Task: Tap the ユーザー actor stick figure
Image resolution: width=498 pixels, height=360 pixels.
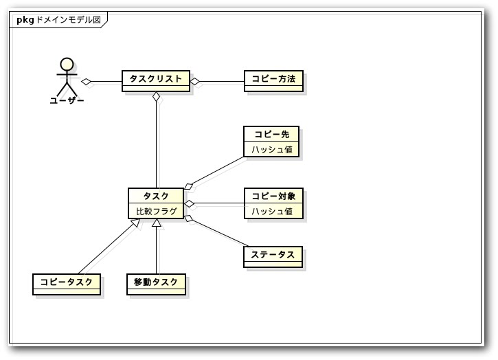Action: (67, 77)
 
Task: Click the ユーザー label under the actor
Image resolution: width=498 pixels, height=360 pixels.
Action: (67, 100)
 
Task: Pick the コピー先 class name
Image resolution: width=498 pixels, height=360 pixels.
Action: (271, 134)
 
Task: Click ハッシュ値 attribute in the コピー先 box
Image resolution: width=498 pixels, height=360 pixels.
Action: (271, 149)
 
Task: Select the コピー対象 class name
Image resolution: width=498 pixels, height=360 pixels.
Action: (273, 196)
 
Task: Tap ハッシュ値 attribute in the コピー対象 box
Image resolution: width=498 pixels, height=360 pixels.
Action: (271, 211)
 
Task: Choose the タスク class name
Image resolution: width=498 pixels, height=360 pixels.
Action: (156, 196)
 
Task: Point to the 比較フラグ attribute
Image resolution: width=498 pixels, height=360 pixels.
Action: (156, 211)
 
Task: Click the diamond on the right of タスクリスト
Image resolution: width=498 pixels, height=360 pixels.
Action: (195, 82)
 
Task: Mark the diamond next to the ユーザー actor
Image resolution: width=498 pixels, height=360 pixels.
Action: (87, 82)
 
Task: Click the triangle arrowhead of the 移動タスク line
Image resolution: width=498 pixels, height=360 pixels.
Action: (157, 223)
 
